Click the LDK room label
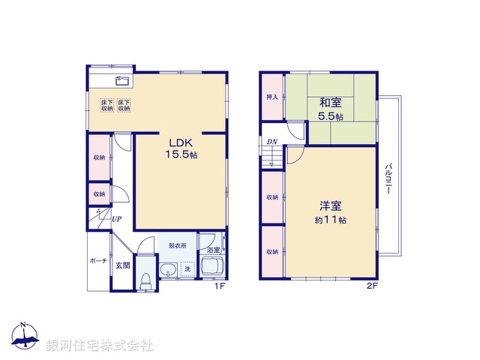(x=181, y=143)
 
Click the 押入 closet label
(x=272, y=97)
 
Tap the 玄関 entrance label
(x=122, y=265)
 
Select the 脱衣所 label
(x=177, y=245)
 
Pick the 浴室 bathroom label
(x=213, y=250)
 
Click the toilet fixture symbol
(x=146, y=280)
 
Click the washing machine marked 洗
(x=188, y=268)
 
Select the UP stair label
(x=117, y=219)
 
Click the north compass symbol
(x=25, y=337)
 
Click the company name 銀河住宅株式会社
(x=100, y=346)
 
